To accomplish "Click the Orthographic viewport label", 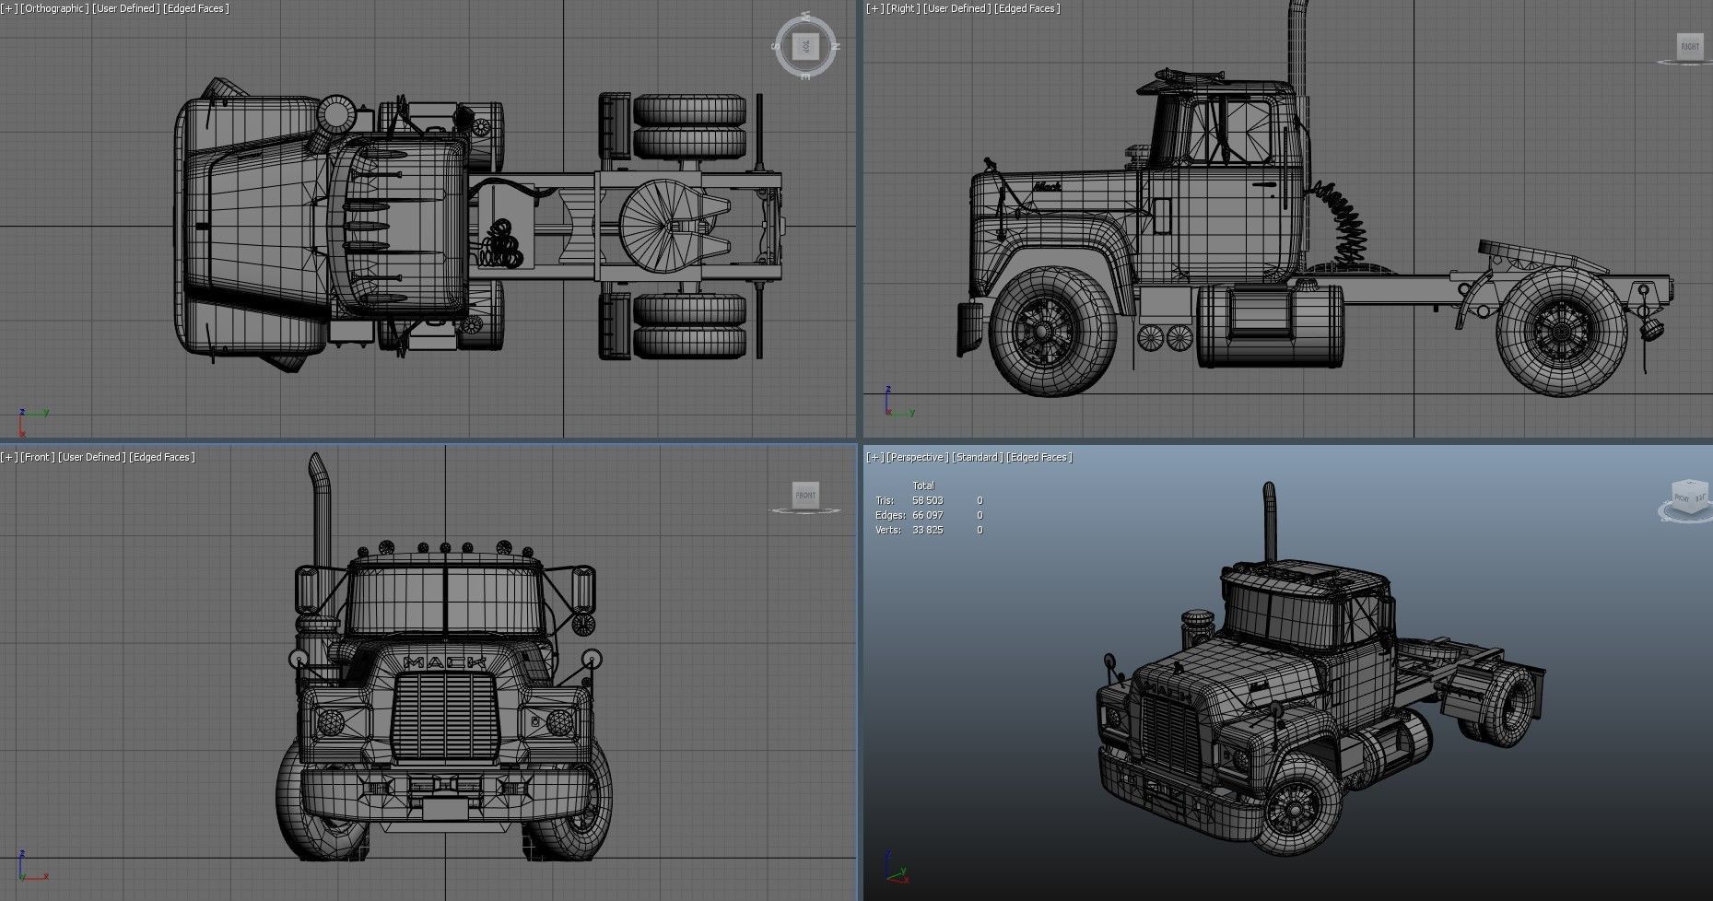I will tap(56, 8).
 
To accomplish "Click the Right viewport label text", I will tap(903, 8).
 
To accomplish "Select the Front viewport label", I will tap(38, 457).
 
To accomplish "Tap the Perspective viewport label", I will tap(919, 457).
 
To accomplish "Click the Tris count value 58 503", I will tap(927, 500).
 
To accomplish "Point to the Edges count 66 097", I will tap(927, 515).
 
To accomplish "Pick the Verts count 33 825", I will tap(927, 530).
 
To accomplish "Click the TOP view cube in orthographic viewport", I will tap(805, 45).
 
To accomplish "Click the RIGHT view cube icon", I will tap(1689, 47).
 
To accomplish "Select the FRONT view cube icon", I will tap(805, 496).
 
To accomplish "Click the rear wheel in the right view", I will tap(1561, 330).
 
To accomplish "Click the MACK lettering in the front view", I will tap(444, 661).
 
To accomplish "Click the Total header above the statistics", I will tap(922, 486).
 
